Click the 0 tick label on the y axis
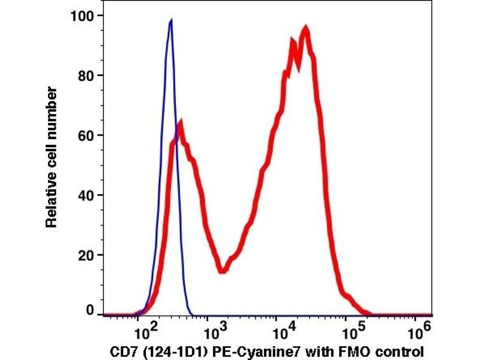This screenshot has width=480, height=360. click(x=91, y=311)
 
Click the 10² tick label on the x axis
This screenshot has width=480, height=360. click(x=146, y=330)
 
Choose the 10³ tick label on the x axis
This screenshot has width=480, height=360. click(x=214, y=330)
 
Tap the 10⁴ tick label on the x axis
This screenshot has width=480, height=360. click(x=283, y=330)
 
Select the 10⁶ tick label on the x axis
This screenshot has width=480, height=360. click(x=422, y=330)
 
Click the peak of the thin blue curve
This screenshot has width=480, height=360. click(x=171, y=20)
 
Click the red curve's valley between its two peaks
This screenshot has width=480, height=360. click(x=222, y=270)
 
